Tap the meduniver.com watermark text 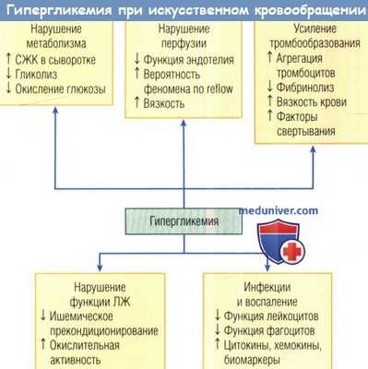[x=279, y=210]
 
